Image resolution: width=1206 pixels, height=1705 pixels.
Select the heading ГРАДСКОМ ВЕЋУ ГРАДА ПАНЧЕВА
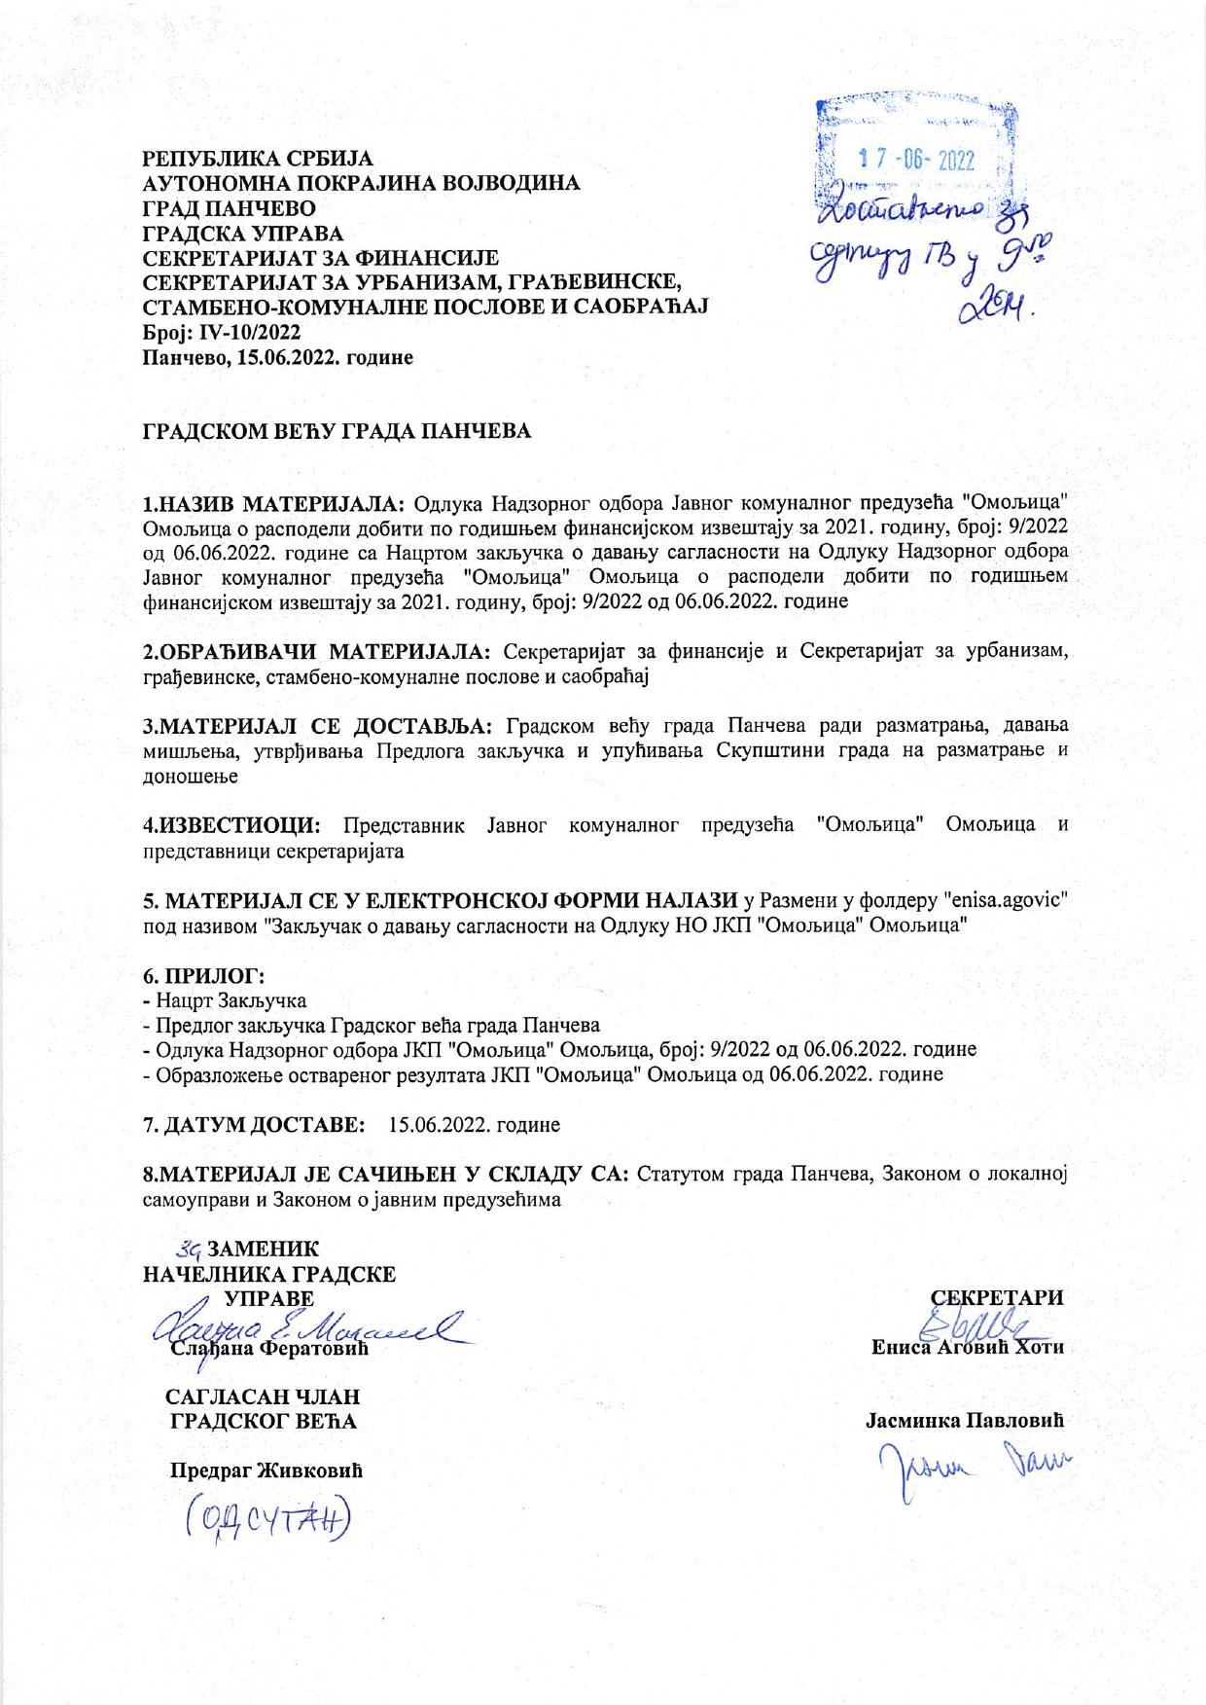click(337, 431)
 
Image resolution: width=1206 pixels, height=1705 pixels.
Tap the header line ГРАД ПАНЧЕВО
click(229, 207)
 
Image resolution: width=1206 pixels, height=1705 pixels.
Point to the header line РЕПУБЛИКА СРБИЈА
click(258, 157)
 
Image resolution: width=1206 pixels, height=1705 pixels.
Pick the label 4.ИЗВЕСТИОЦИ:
click(232, 825)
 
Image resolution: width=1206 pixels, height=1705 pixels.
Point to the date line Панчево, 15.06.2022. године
click(278, 357)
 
